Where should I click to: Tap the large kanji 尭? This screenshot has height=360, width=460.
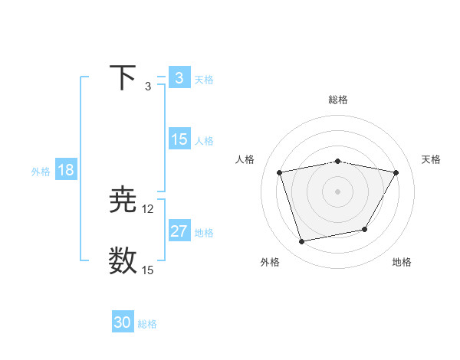[x=123, y=201]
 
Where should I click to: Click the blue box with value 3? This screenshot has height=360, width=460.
[x=179, y=78]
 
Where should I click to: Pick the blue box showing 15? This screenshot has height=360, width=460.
[x=179, y=139]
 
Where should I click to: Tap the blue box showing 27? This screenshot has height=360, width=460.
[x=179, y=231]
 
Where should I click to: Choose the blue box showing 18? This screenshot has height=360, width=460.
[x=65, y=170]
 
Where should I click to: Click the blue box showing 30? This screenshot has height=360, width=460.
[x=122, y=322]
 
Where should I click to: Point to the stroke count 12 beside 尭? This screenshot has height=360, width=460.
[x=147, y=209]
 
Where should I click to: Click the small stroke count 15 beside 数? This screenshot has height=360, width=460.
[x=147, y=270]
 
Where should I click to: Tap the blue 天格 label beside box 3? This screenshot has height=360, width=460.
[x=204, y=79]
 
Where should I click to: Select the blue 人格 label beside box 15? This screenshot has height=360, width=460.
[x=204, y=140]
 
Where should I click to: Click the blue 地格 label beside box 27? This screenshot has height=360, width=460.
[x=204, y=232]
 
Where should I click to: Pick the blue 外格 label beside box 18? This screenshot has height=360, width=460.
[x=41, y=171]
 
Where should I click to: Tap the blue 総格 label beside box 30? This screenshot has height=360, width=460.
[x=147, y=324]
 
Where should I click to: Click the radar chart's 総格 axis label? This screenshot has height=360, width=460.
[x=338, y=100]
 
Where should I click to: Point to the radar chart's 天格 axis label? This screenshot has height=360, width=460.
[x=432, y=159]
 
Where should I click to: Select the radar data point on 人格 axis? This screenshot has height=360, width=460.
[x=280, y=172]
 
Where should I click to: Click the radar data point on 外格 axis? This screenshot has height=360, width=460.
[x=302, y=241]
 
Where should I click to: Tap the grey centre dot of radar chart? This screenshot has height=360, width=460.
[x=338, y=191]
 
